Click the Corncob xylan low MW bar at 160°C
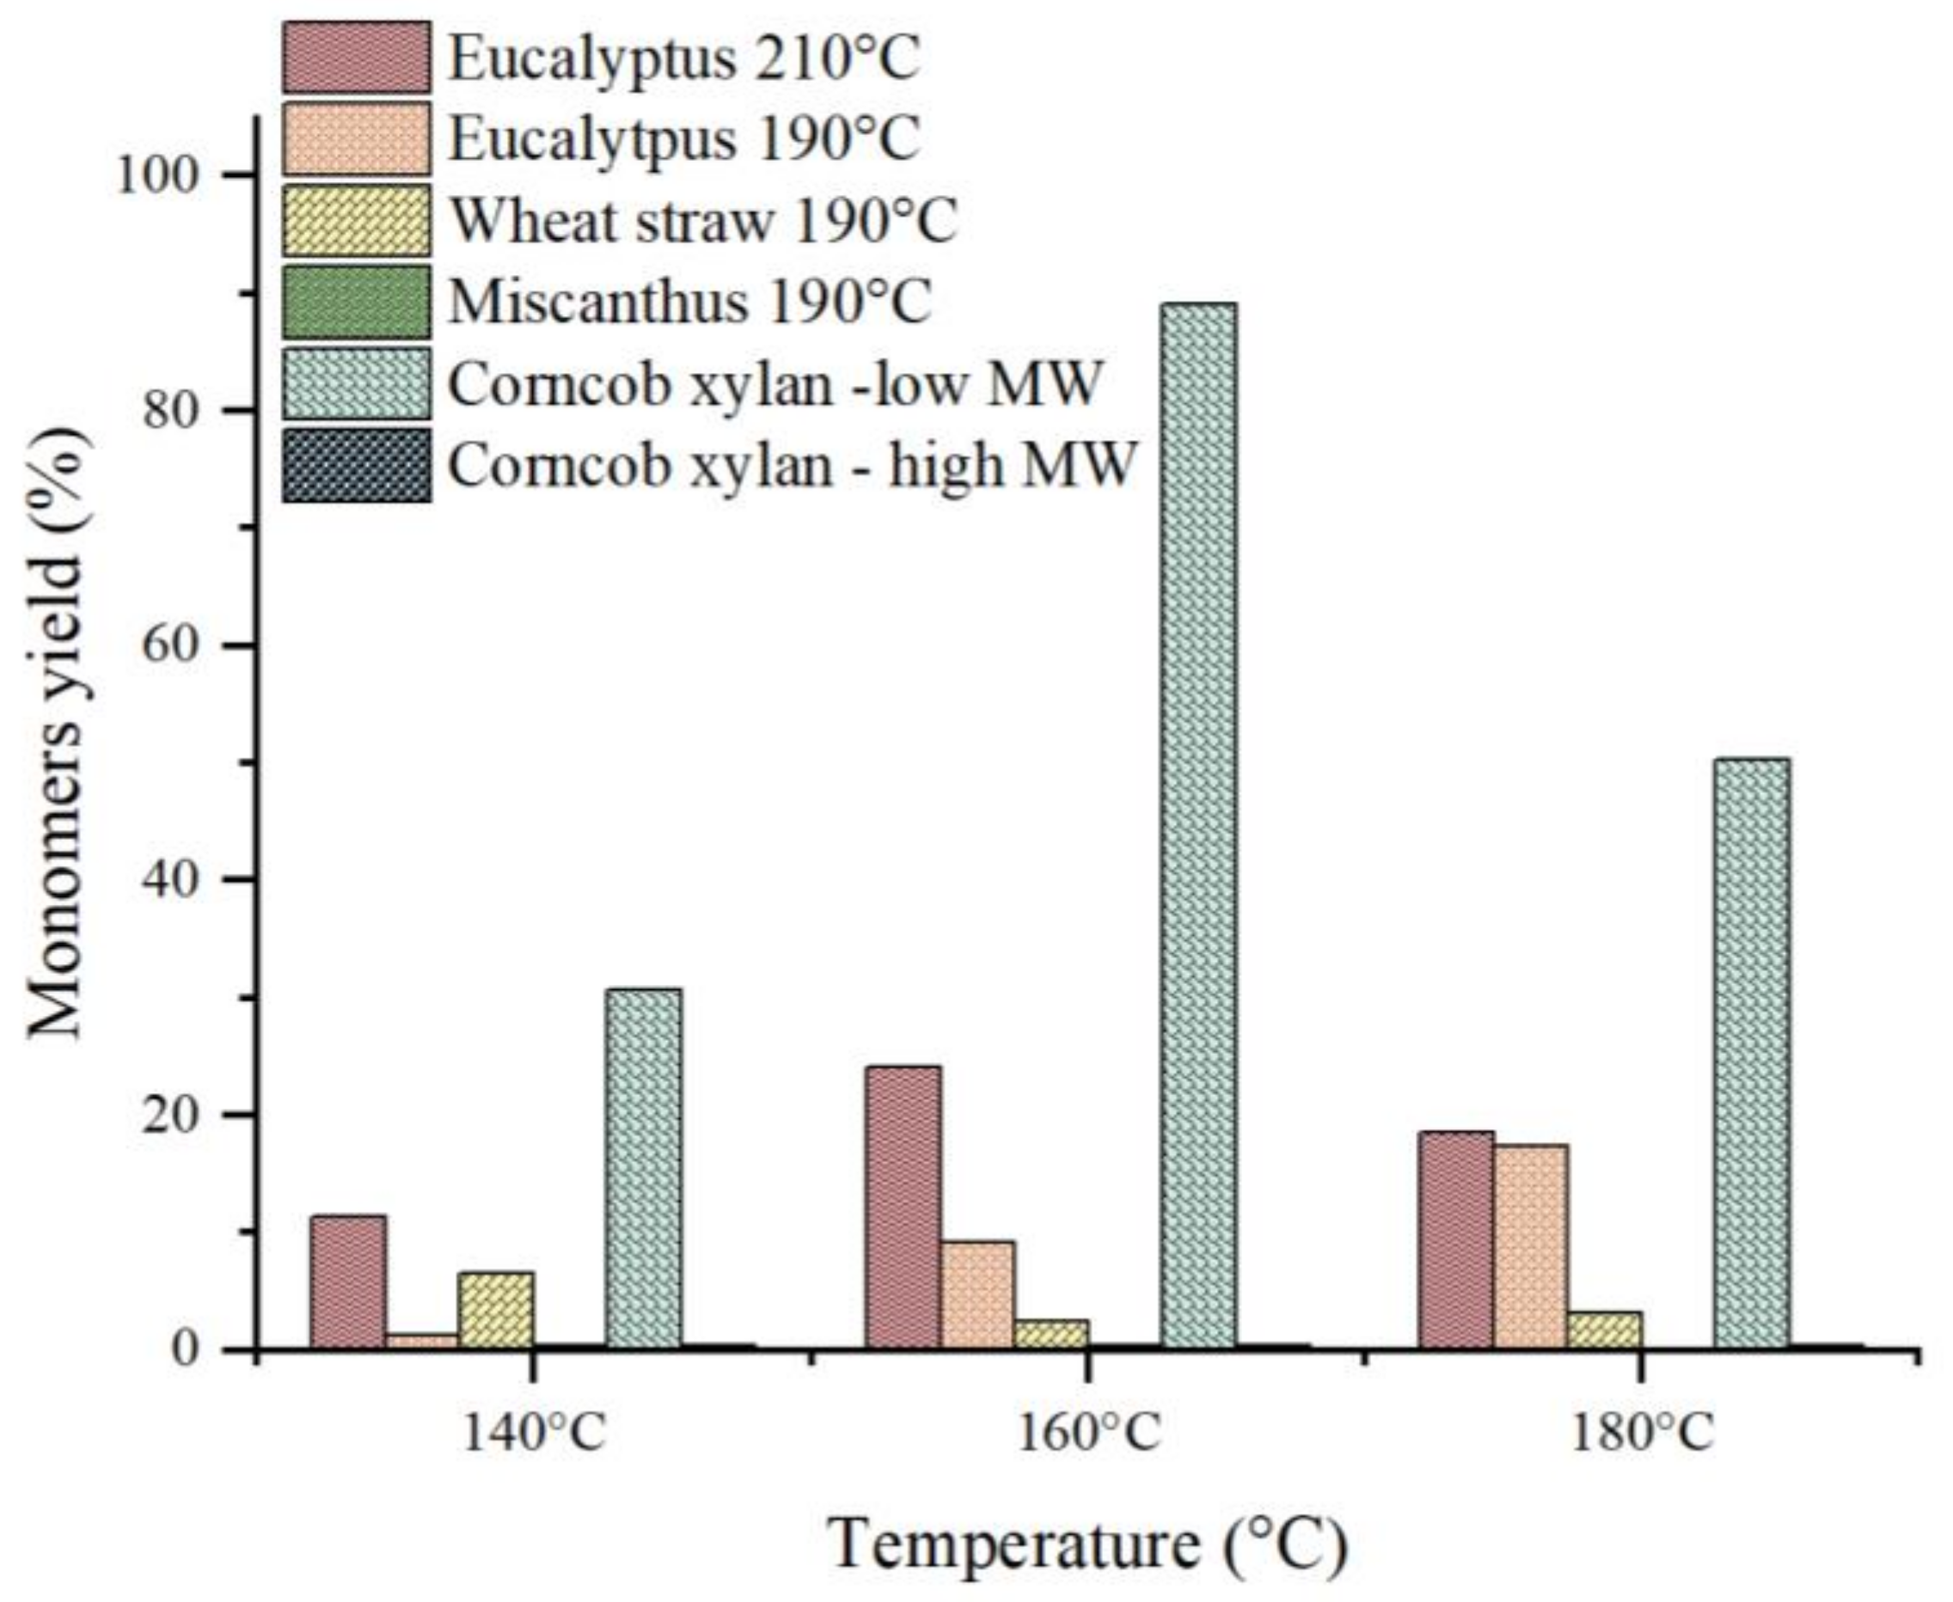coord(1198,826)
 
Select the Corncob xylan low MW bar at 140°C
coord(643,1168)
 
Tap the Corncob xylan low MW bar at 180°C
coord(1752,1053)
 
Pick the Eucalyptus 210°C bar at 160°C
coord(903,1207)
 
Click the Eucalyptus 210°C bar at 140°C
coord(348,1281)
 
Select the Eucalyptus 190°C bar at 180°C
coord(1530,1246)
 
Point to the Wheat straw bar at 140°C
coord(496,1311)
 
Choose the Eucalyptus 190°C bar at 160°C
coord(976,1294)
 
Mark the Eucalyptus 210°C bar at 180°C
coord(1455,1239)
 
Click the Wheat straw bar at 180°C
coord(1604,1330)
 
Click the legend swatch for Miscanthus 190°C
coord(356,302)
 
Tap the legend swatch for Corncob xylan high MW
coord(356,464)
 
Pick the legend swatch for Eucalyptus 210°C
coord(356,58)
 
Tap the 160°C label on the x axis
coord(1087,1434)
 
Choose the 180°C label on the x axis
coord(1641,1434)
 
